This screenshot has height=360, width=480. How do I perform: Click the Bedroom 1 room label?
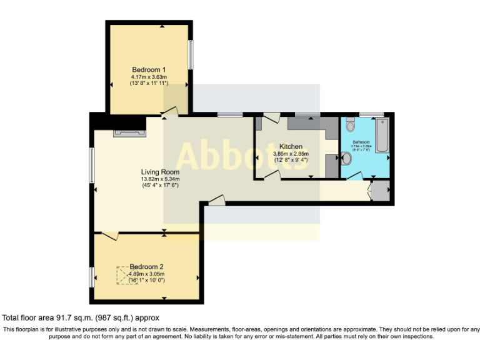(149, 69)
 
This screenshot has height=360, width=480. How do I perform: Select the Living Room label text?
(160, 172)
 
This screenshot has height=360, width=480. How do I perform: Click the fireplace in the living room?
(129, 132)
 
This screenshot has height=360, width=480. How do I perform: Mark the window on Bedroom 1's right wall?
(191, 55)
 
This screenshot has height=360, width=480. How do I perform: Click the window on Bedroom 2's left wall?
(92, 276)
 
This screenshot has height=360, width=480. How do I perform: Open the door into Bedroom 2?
(110, 236)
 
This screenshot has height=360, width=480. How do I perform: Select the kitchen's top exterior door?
(272, 118)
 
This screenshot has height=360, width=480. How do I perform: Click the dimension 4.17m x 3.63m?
(149, 76)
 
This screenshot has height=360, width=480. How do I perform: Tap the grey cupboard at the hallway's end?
(380, 191)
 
